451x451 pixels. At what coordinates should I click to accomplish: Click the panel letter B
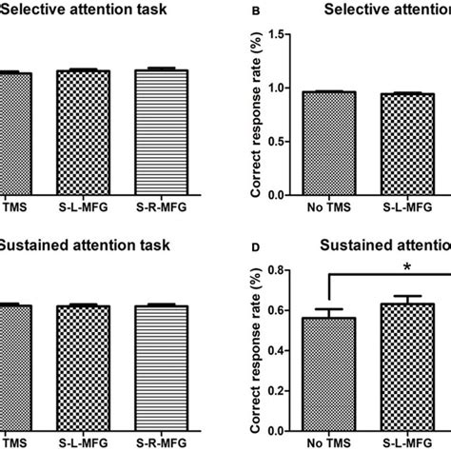point(252,13)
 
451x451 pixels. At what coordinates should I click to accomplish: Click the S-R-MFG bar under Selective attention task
point(161,132)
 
